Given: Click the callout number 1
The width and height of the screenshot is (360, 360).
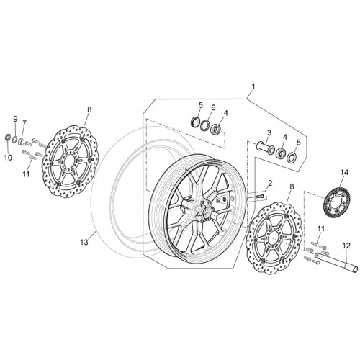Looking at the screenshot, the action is (253, 86).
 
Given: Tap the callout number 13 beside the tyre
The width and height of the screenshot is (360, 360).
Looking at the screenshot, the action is (84, 243).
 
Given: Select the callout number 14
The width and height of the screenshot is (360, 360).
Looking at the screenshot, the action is (344, 172).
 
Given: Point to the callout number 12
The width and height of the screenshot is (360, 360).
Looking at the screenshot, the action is (346, 246).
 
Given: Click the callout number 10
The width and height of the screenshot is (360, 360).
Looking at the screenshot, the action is (8, 158).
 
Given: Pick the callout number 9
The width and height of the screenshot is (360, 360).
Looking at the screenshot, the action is (15, 119).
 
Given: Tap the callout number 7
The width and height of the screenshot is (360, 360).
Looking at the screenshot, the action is (24, 123).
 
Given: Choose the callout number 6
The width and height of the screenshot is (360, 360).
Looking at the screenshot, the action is (213, 107).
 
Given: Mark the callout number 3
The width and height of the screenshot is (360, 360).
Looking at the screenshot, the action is (269, 132).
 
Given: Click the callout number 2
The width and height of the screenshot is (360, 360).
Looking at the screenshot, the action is (270, 184).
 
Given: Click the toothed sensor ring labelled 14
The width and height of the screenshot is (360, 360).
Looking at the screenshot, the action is (336, 202).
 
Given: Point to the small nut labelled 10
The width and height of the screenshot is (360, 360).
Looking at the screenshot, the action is (8, 138).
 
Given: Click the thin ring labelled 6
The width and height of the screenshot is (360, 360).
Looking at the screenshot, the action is (204, 125).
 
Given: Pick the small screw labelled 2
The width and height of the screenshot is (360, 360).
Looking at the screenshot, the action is (260, 196).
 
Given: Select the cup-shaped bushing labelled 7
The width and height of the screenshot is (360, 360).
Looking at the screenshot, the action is (22, 141).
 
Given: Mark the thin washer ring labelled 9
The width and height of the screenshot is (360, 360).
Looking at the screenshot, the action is (14, 139).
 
